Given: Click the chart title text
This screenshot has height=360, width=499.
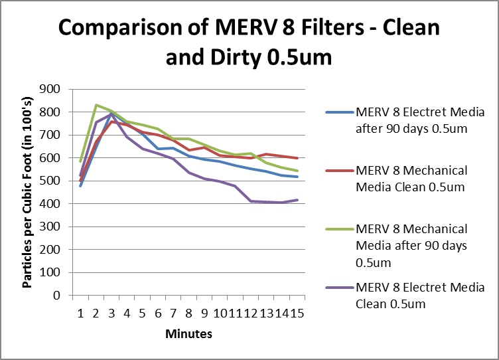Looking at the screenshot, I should coord(249,43).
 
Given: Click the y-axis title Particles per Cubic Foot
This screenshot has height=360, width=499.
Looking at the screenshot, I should coord(28,192).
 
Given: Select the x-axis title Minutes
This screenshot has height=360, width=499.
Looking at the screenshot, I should coord(189,333).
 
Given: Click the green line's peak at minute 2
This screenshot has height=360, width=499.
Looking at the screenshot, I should coord(96,105).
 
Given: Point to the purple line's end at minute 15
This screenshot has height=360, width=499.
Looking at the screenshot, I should coord(297,200).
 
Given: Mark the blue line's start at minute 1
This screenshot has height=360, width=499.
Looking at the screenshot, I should coord(80,186).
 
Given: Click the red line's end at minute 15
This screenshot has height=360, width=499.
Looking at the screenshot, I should coord(297,158).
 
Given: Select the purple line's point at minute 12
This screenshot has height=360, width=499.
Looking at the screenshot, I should coord(251,201).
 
